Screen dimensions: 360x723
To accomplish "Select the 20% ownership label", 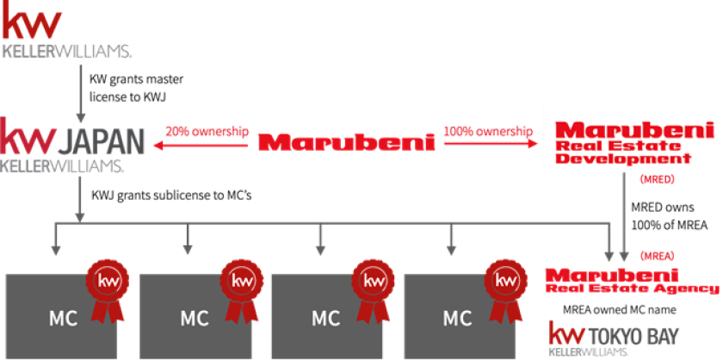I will (207, 133).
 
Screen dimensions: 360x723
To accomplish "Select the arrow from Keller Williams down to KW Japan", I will (80, 90).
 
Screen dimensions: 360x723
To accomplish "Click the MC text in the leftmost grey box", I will (62, 318).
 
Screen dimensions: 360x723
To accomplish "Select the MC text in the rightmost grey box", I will (456, 318).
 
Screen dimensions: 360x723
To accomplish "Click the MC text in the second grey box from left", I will (195, 318).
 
